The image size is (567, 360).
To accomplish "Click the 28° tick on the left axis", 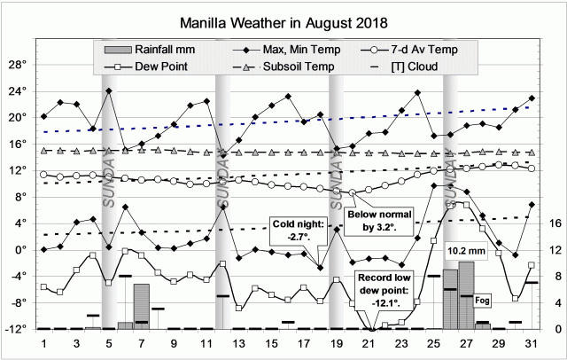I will click(x=16, y=65).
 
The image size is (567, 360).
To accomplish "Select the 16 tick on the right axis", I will click(x=551, y=223).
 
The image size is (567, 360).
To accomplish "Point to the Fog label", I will click(x=484, y=301).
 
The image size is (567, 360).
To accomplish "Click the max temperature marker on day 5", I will click(x=109, y=90).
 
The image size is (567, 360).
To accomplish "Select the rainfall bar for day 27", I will click(x=467, y=295).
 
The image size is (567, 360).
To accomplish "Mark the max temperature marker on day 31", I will click(x=532, y=98).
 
